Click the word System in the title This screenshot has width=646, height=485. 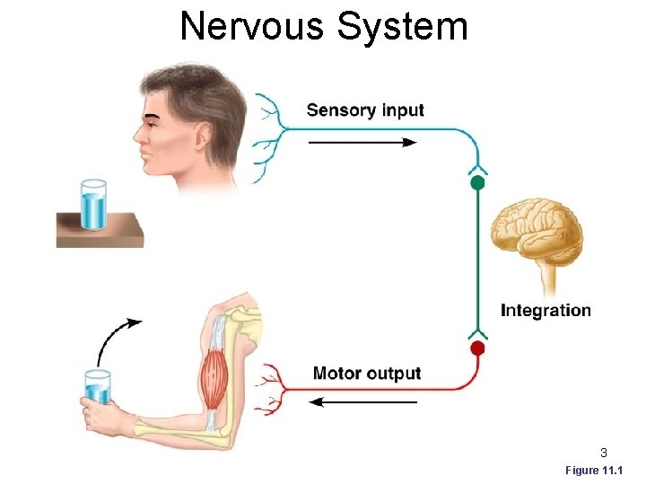pos(403,26)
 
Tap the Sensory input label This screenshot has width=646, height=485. pos(365,110)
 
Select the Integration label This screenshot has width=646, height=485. pos(546,311)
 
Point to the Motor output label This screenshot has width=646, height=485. pos(366,374)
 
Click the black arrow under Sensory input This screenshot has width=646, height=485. pos(362,142)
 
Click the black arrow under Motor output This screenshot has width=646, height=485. pos(363,402)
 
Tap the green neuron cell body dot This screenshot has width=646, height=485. pos(477,182)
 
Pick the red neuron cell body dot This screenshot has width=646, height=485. pos(477,348)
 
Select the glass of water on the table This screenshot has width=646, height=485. pos(92,206)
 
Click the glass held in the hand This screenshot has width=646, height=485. pos(97,389)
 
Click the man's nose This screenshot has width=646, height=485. pos(137,137)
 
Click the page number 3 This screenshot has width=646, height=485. pos(604,453)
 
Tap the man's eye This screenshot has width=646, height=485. pos(154,119)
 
